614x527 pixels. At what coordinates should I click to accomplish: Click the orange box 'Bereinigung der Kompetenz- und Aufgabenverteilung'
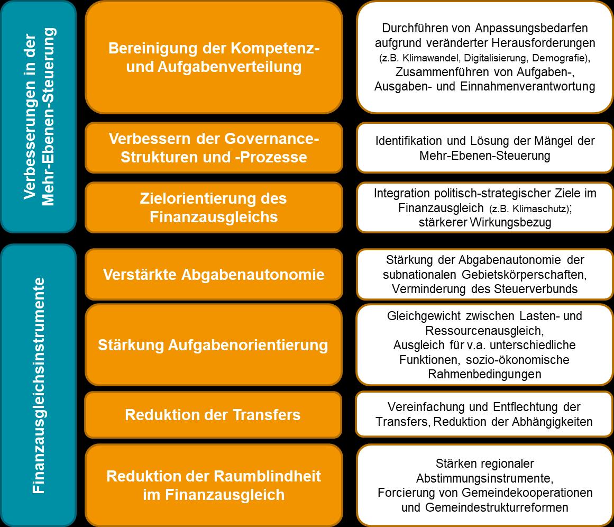pos(214,57)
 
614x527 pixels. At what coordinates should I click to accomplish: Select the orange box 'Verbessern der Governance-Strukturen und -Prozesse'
pos(214,148)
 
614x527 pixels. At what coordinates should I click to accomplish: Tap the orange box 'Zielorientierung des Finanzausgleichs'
pos(214,207)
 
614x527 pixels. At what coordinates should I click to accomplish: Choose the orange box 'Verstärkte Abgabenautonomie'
pos(214,275)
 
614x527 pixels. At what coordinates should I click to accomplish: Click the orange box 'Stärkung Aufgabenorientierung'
pos(214,345)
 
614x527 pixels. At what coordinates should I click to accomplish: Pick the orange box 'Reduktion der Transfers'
pos(214,415)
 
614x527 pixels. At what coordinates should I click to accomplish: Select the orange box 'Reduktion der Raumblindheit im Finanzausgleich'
pos(214,485)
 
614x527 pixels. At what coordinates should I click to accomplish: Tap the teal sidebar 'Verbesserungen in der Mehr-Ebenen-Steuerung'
pos(38,116)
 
